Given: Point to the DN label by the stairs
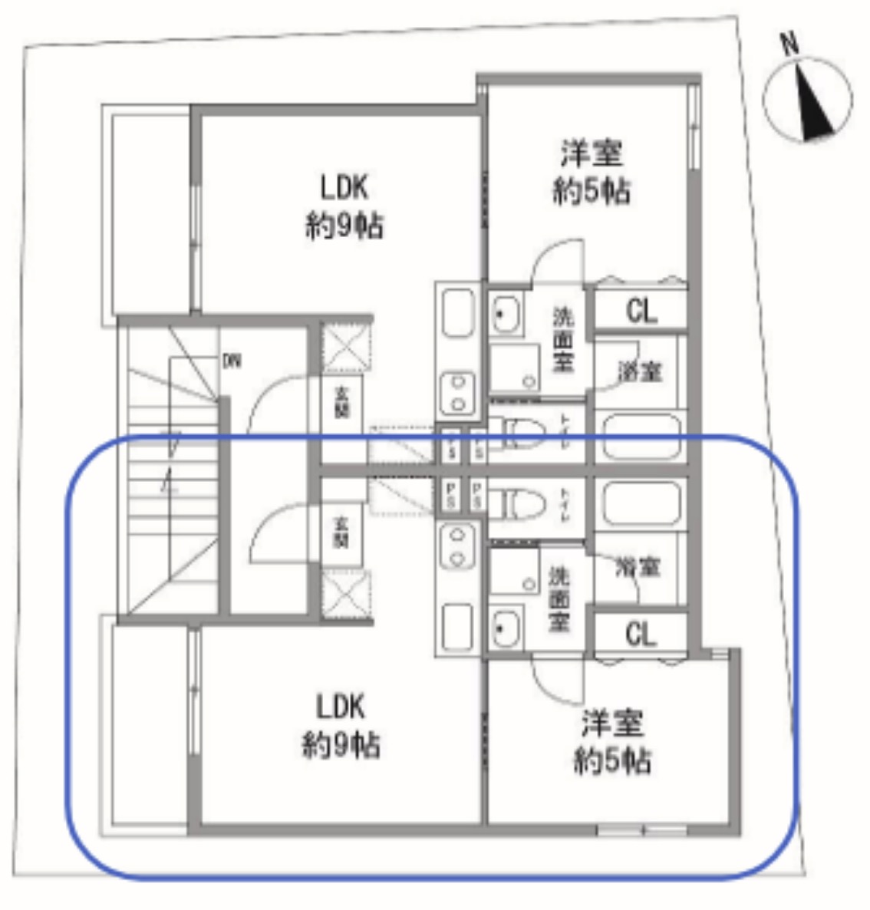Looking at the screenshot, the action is click(x=231, y=360).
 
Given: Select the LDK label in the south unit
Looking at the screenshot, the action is click(x=341, y=707).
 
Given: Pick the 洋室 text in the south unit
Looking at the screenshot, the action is click(x=612, y=723).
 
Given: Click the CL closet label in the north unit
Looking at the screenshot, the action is click(x=641, y=311).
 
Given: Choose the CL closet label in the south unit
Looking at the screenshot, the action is click(x=641, y=635).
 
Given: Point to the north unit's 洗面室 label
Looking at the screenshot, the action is click(x=563, y=340).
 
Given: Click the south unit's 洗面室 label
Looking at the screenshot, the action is click(x=559, y=598).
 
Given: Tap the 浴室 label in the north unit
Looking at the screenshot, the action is click(x=641, y=372).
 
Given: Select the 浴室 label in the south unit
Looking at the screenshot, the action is click(x=638, y=568).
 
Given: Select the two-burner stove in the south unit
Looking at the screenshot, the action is click(x=458, y=546).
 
